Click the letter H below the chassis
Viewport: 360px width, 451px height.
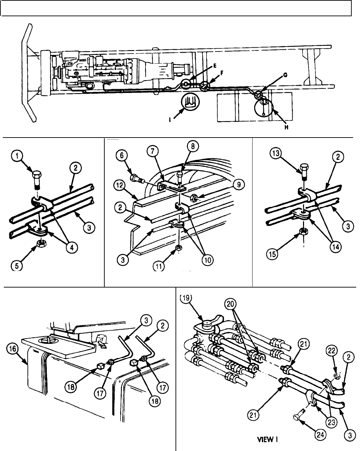285,126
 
